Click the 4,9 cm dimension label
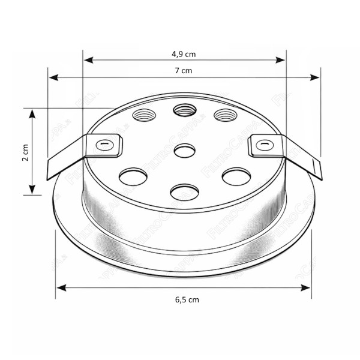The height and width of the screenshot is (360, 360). [x=184, y=54]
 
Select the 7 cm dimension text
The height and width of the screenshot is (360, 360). [x=184, y=71]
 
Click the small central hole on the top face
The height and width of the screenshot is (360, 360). [x=184, y=151]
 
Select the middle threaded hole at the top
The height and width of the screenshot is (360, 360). [x=184, y=110]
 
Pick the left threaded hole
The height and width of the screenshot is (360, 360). [x=144, y=115]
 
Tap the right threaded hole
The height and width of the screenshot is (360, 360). [x=225, y=115]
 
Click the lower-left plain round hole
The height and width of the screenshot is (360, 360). [x=133, y=176]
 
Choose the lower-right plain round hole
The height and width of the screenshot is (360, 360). [x=236, y=176]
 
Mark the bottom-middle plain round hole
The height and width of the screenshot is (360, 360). [x=184, y=193]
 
